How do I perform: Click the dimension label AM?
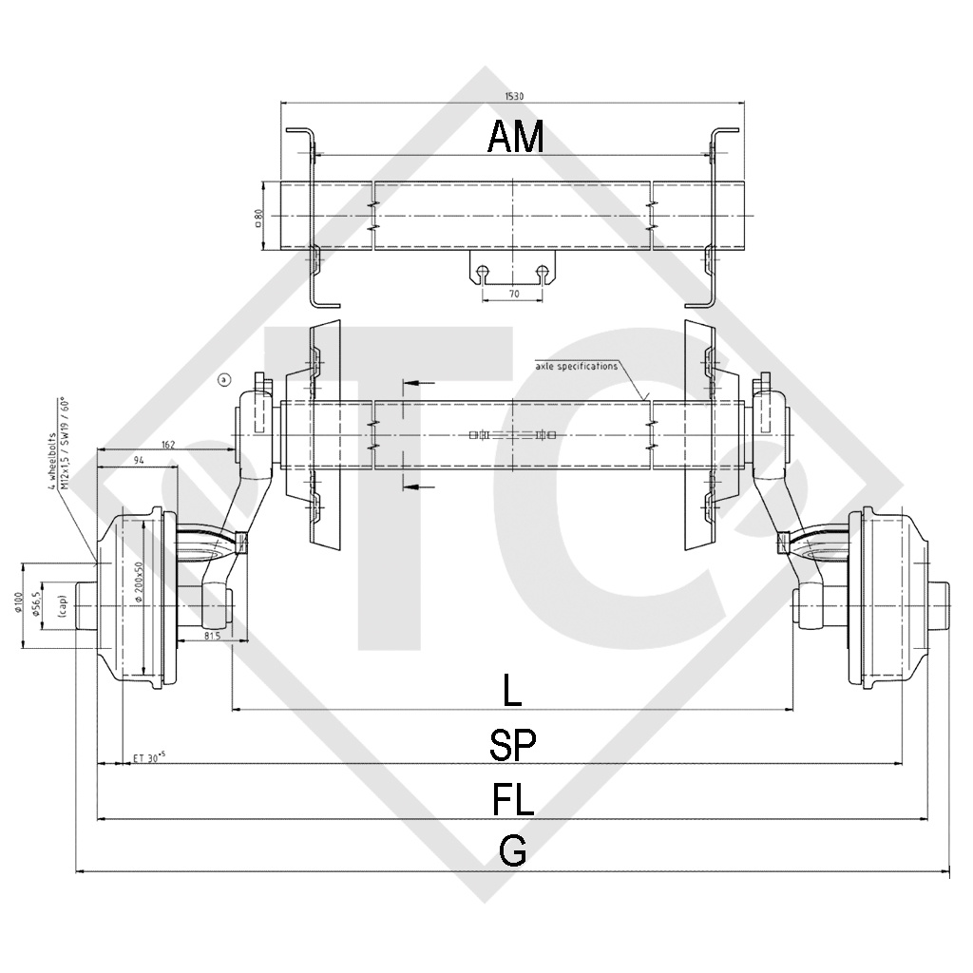pyautogui.click(x=515, y=138)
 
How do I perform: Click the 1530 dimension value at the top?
pyautogui.click(x=514, y=95)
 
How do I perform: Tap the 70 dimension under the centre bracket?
pyautogui.click(x=514, y=295)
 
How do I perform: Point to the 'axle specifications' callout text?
pyautogui.click(x=576, y=365)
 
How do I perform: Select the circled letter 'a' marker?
pyautogui.click(x=223, y=380)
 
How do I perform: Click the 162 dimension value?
pyautogui.click(x=168, y=444)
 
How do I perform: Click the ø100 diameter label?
pyautogui.click(x=20, y=603)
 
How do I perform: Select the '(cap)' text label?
pyautogui.click(x=60, y=605)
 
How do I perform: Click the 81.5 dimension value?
pyautogui.click(x=211, y=636)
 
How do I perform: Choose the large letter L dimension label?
pyautogui.click(x=512, y=692)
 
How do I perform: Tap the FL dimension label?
pyautogui.click(x=513, y=799)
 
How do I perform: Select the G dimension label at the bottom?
pyautogui.click(x=513, y=852)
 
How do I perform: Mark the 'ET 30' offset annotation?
pyautogui.click(x=149, y=757)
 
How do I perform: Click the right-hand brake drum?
pyautogui.click(x=885, y=599)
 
